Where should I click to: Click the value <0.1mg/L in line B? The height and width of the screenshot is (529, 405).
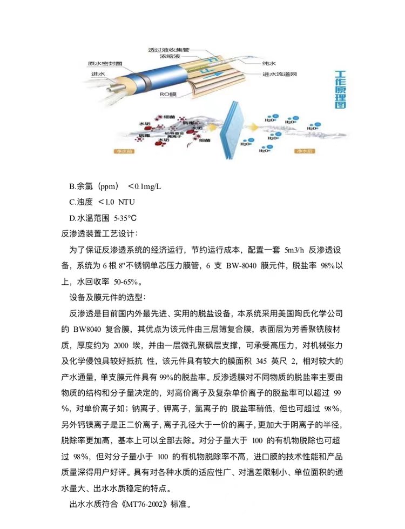click(144, 186)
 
